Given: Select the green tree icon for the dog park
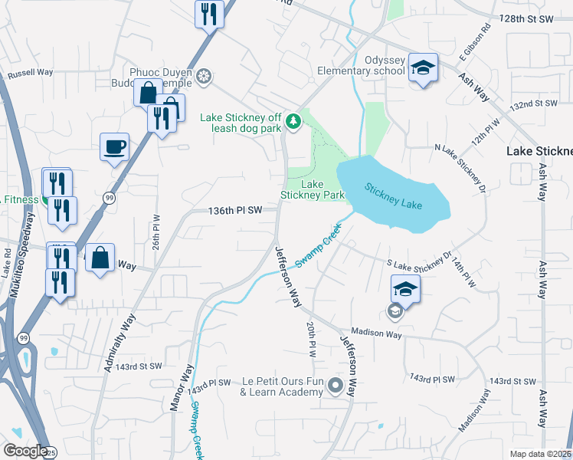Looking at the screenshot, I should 293,121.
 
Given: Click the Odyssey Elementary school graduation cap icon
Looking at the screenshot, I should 423,68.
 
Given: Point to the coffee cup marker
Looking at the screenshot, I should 115,146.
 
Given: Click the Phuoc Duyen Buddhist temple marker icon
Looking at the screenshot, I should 204,76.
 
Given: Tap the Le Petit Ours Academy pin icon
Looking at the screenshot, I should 335,385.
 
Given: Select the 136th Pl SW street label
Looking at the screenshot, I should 235,209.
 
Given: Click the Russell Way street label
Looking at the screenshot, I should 30,74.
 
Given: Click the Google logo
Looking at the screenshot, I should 25,451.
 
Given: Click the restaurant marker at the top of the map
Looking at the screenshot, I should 209,14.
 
